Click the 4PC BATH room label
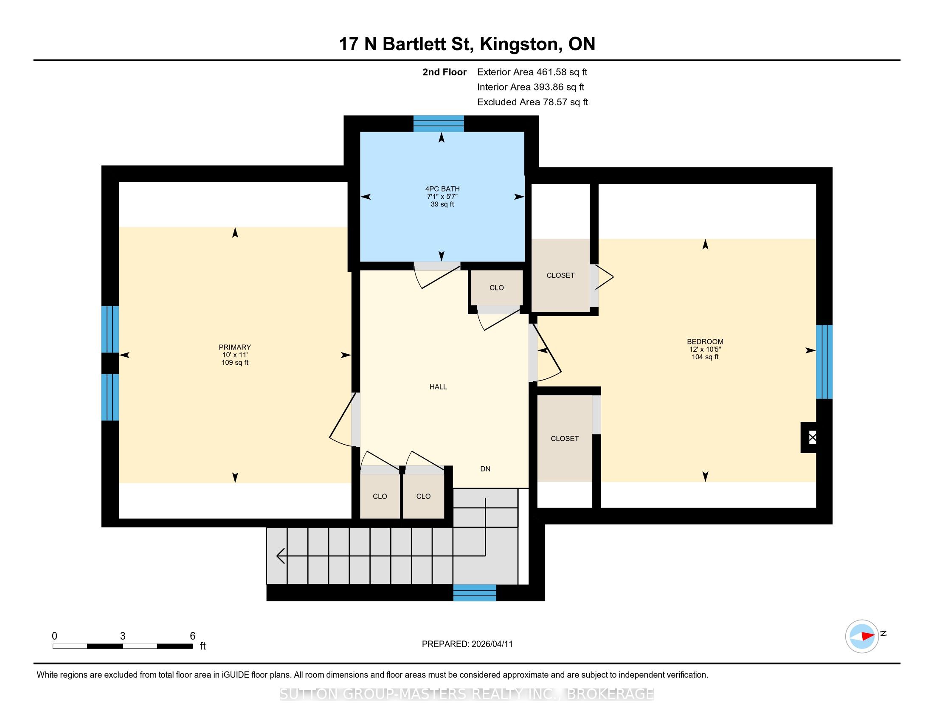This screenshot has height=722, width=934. (442, 189)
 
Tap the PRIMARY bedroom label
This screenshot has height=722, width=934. (235, 347)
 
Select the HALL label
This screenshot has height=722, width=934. (439, 386)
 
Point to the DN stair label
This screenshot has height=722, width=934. (485, 469)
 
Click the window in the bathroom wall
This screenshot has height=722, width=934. (439, 124)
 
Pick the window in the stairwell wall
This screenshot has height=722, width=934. (475, 593)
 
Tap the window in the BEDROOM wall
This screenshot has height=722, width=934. (824, 362)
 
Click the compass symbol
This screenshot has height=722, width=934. (862, 636)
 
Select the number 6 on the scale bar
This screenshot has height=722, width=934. (192, 636)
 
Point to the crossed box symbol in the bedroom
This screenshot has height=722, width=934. (813, 437)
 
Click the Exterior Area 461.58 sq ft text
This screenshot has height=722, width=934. (532, 72)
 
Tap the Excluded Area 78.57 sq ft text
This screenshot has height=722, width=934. (533, 102)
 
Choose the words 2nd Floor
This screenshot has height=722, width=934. (444, 72)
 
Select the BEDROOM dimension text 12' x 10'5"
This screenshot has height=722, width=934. (705, 349)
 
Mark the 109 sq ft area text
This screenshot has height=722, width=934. (235, 363)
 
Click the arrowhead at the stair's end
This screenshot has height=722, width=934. (281, 556)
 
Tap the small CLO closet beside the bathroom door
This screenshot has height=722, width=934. (497, 288)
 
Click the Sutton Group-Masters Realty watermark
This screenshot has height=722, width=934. (467, 694)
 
